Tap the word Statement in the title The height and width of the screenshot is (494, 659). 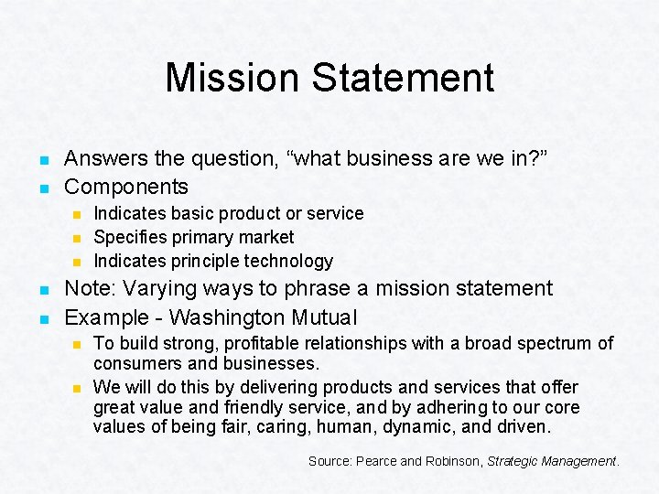click(x=404, y=78)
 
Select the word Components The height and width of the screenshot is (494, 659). click(x=126, y=188)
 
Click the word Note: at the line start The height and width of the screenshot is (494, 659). click(x=91, y=289)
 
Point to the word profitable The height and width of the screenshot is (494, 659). click(x=225, y=344)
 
